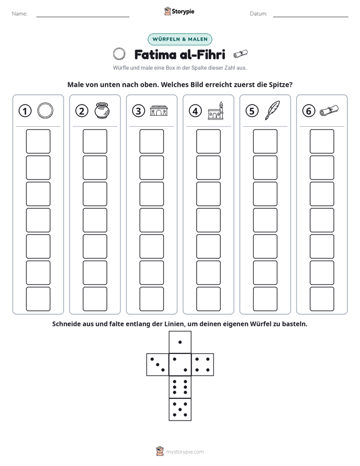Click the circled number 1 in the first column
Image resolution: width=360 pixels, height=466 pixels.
pos(25,111)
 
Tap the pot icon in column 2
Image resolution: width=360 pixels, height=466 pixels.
pos(102,110)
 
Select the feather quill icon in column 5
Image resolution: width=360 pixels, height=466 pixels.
pos(272,110)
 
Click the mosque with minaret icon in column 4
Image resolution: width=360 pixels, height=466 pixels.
pos(216,110)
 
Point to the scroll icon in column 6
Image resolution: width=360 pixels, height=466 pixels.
pos(329,110)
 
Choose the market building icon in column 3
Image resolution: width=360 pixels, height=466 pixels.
pos(159,110)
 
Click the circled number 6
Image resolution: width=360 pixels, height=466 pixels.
pos(309,111)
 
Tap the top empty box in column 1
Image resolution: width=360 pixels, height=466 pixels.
pos(38,141)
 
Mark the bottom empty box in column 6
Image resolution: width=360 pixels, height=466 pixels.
pos(322,299)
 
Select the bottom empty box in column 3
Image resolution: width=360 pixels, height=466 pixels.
pos(152,299)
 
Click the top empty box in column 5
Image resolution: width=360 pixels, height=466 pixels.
pos(265,141)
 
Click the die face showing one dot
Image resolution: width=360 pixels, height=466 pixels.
pos(180,342)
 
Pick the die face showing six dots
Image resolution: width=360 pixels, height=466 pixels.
pos(180,387)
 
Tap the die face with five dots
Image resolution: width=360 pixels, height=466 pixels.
pos(180,410)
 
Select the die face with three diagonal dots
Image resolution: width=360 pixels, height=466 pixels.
pos(158,364)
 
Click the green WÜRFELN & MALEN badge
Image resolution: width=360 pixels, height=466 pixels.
pos(180,39)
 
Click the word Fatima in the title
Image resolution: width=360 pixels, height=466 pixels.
pos(155,54)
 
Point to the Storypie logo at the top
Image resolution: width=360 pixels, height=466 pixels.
pos(179,11)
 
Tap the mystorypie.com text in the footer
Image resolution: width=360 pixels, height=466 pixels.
pos(185,452)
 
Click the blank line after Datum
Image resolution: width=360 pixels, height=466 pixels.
pos(311,17)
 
